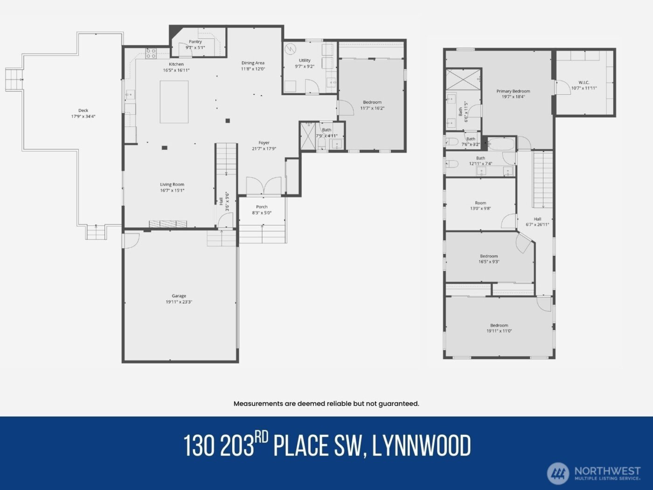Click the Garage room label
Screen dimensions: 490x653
pos(179,296)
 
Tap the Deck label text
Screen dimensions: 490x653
pos(83,111)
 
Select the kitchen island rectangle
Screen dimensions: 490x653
pos(174,102)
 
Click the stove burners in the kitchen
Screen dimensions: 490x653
pos(151,54)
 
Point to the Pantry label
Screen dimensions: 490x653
pos(195,42)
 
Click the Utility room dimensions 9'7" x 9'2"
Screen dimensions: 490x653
pos(305,66)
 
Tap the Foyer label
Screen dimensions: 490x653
pos(264,143)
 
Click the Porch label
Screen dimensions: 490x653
pos(262,207)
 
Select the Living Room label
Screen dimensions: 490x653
pos(172,184)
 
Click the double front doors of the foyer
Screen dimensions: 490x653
pos(264,186)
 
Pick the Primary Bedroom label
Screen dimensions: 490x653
pos(513,91)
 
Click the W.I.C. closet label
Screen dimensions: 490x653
pos(584,83)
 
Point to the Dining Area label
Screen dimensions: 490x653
pos(253,63)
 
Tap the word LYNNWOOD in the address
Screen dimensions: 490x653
pos(422,446)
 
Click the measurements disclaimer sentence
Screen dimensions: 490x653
pos(326,404)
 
